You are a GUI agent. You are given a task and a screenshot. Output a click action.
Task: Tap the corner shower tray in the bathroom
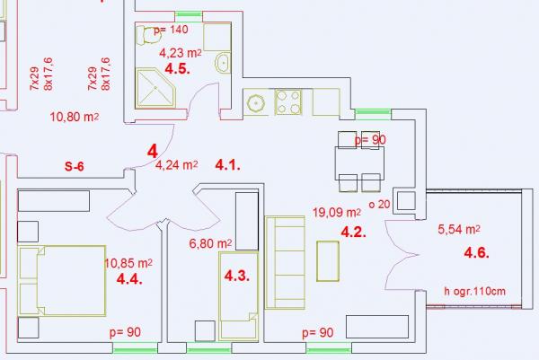[x=155, y=88]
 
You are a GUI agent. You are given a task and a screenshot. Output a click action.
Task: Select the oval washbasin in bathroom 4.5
[x=224, y=63]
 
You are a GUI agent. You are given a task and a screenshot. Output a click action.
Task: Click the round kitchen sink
[x=256, y=102]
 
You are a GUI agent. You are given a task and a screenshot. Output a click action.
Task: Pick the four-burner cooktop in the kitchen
[x=288, y=101]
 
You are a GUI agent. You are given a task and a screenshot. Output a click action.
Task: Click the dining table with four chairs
[x=359, y=162]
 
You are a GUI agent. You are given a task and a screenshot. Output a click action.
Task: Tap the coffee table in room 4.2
[x=328, y=261]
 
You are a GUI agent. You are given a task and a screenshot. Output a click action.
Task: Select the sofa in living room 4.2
[x=285, y=263]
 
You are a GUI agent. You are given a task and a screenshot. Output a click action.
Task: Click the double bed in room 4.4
[x=62, y=281]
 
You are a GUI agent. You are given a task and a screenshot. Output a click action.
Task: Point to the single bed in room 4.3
[x=239, y=296]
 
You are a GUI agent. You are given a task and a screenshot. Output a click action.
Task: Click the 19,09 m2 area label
[x=337, y=212]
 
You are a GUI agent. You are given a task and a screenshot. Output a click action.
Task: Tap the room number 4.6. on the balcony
[x=476, y=253]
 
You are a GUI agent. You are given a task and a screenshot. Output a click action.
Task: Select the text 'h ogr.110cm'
[x=474, y=291]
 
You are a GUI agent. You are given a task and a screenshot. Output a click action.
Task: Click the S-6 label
[x=75, y=167]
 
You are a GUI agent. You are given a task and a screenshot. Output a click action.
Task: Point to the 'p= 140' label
[x=171, y=30]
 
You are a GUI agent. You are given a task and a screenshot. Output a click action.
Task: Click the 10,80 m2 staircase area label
[x=75, y=117]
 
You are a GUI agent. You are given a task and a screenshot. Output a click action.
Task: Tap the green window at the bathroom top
[x=189, y=14]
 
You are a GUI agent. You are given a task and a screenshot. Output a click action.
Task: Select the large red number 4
[x=153, y=151]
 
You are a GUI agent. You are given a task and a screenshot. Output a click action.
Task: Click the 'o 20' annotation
[x=379, y=205]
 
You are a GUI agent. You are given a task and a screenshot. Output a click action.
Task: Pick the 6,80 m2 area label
[x=210, y=243]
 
